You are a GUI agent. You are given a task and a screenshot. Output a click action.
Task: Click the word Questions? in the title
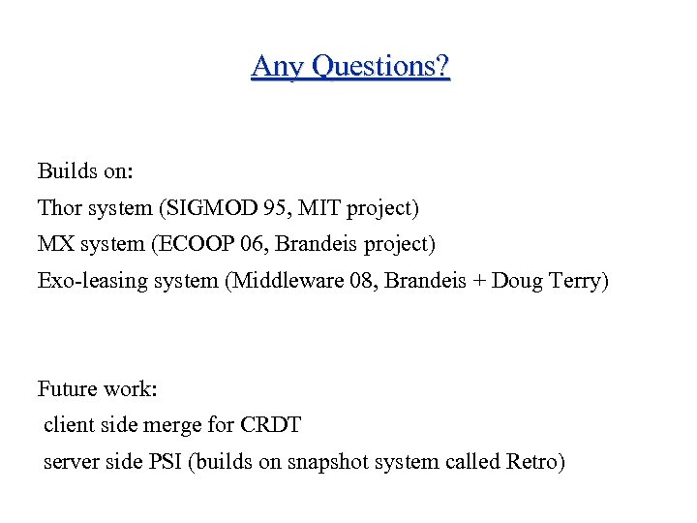point(387,68)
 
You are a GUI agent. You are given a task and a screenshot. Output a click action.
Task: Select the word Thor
point(60,207)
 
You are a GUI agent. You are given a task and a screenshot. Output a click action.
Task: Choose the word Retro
point(533,461)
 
